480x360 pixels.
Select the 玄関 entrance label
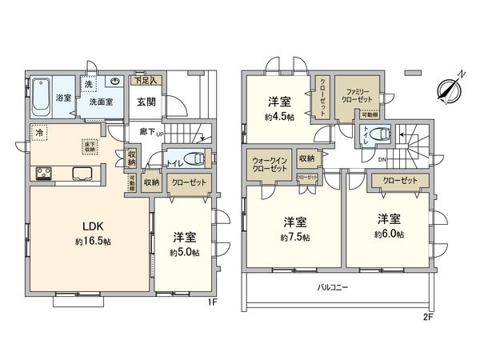[x=146, y=102]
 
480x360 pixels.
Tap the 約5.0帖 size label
[x=185, y=252]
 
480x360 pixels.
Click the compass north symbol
[x=446, y=88]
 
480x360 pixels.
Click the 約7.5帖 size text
[x=296, y=238]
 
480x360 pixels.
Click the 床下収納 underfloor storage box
[x=91, y=146]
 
